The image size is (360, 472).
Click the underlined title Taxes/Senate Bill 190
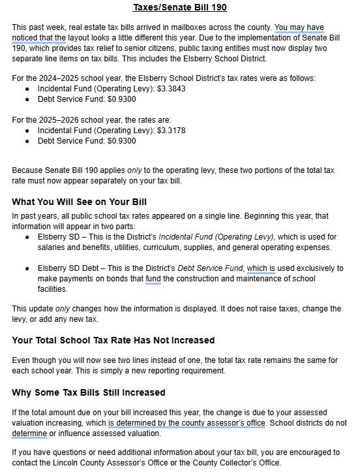(179, 8)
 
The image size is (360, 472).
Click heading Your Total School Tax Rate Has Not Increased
(113, 341)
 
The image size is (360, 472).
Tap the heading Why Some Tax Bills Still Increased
(89, 392)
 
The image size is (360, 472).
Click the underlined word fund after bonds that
(153, 279)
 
